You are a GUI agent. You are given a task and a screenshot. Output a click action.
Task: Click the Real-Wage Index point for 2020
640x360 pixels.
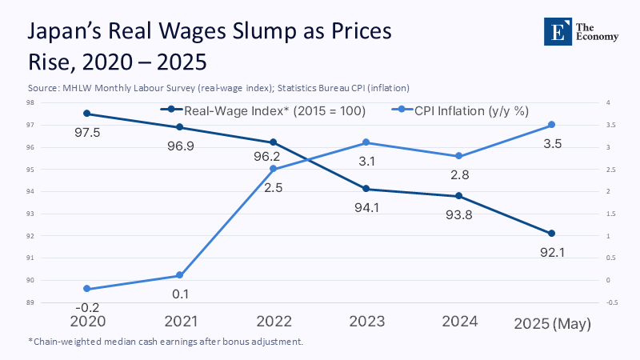[86, 114]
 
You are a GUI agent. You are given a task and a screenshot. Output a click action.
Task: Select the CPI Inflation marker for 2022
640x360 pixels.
[273, 169]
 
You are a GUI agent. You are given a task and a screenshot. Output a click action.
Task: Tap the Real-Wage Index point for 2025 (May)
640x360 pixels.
[552, 234]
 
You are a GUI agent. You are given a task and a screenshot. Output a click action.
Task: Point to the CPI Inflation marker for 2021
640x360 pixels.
[180, 275]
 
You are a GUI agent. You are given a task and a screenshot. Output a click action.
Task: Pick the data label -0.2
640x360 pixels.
[86, 308]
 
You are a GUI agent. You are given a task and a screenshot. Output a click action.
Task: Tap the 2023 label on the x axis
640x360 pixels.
[366, 322]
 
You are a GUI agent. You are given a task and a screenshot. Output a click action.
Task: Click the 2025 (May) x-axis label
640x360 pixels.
[552, 323]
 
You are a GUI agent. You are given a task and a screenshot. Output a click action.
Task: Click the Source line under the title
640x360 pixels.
[223, 87]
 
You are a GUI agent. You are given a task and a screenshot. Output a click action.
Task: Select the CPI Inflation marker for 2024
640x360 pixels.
[458, 156]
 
